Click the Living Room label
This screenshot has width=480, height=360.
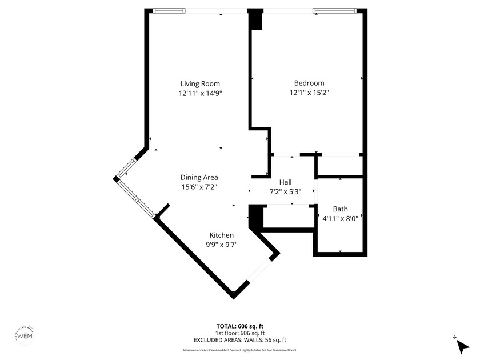point(200,83)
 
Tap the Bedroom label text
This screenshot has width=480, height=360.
point(309,83)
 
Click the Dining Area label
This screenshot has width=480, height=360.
point(199,177)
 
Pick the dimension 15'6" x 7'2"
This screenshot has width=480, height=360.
point(199,186)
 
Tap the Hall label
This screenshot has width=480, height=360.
point(286,182)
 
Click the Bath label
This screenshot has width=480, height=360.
point(340,209)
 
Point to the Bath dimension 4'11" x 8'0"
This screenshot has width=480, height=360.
point(341,218)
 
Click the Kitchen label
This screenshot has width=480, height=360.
point(221,235)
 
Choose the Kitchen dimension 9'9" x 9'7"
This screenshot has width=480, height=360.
point(221,244)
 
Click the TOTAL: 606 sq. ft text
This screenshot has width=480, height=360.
point(240,326)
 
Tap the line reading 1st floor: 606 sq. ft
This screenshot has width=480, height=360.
point(240,333)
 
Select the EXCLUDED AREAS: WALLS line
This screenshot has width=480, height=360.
point(240,340)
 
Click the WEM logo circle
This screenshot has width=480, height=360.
point(26,336)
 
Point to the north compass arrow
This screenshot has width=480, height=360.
point(462,345)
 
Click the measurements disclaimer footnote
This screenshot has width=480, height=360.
point(240,350)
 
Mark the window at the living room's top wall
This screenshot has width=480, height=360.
point(169,10)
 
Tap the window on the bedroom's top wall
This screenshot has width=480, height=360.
point(334,10)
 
